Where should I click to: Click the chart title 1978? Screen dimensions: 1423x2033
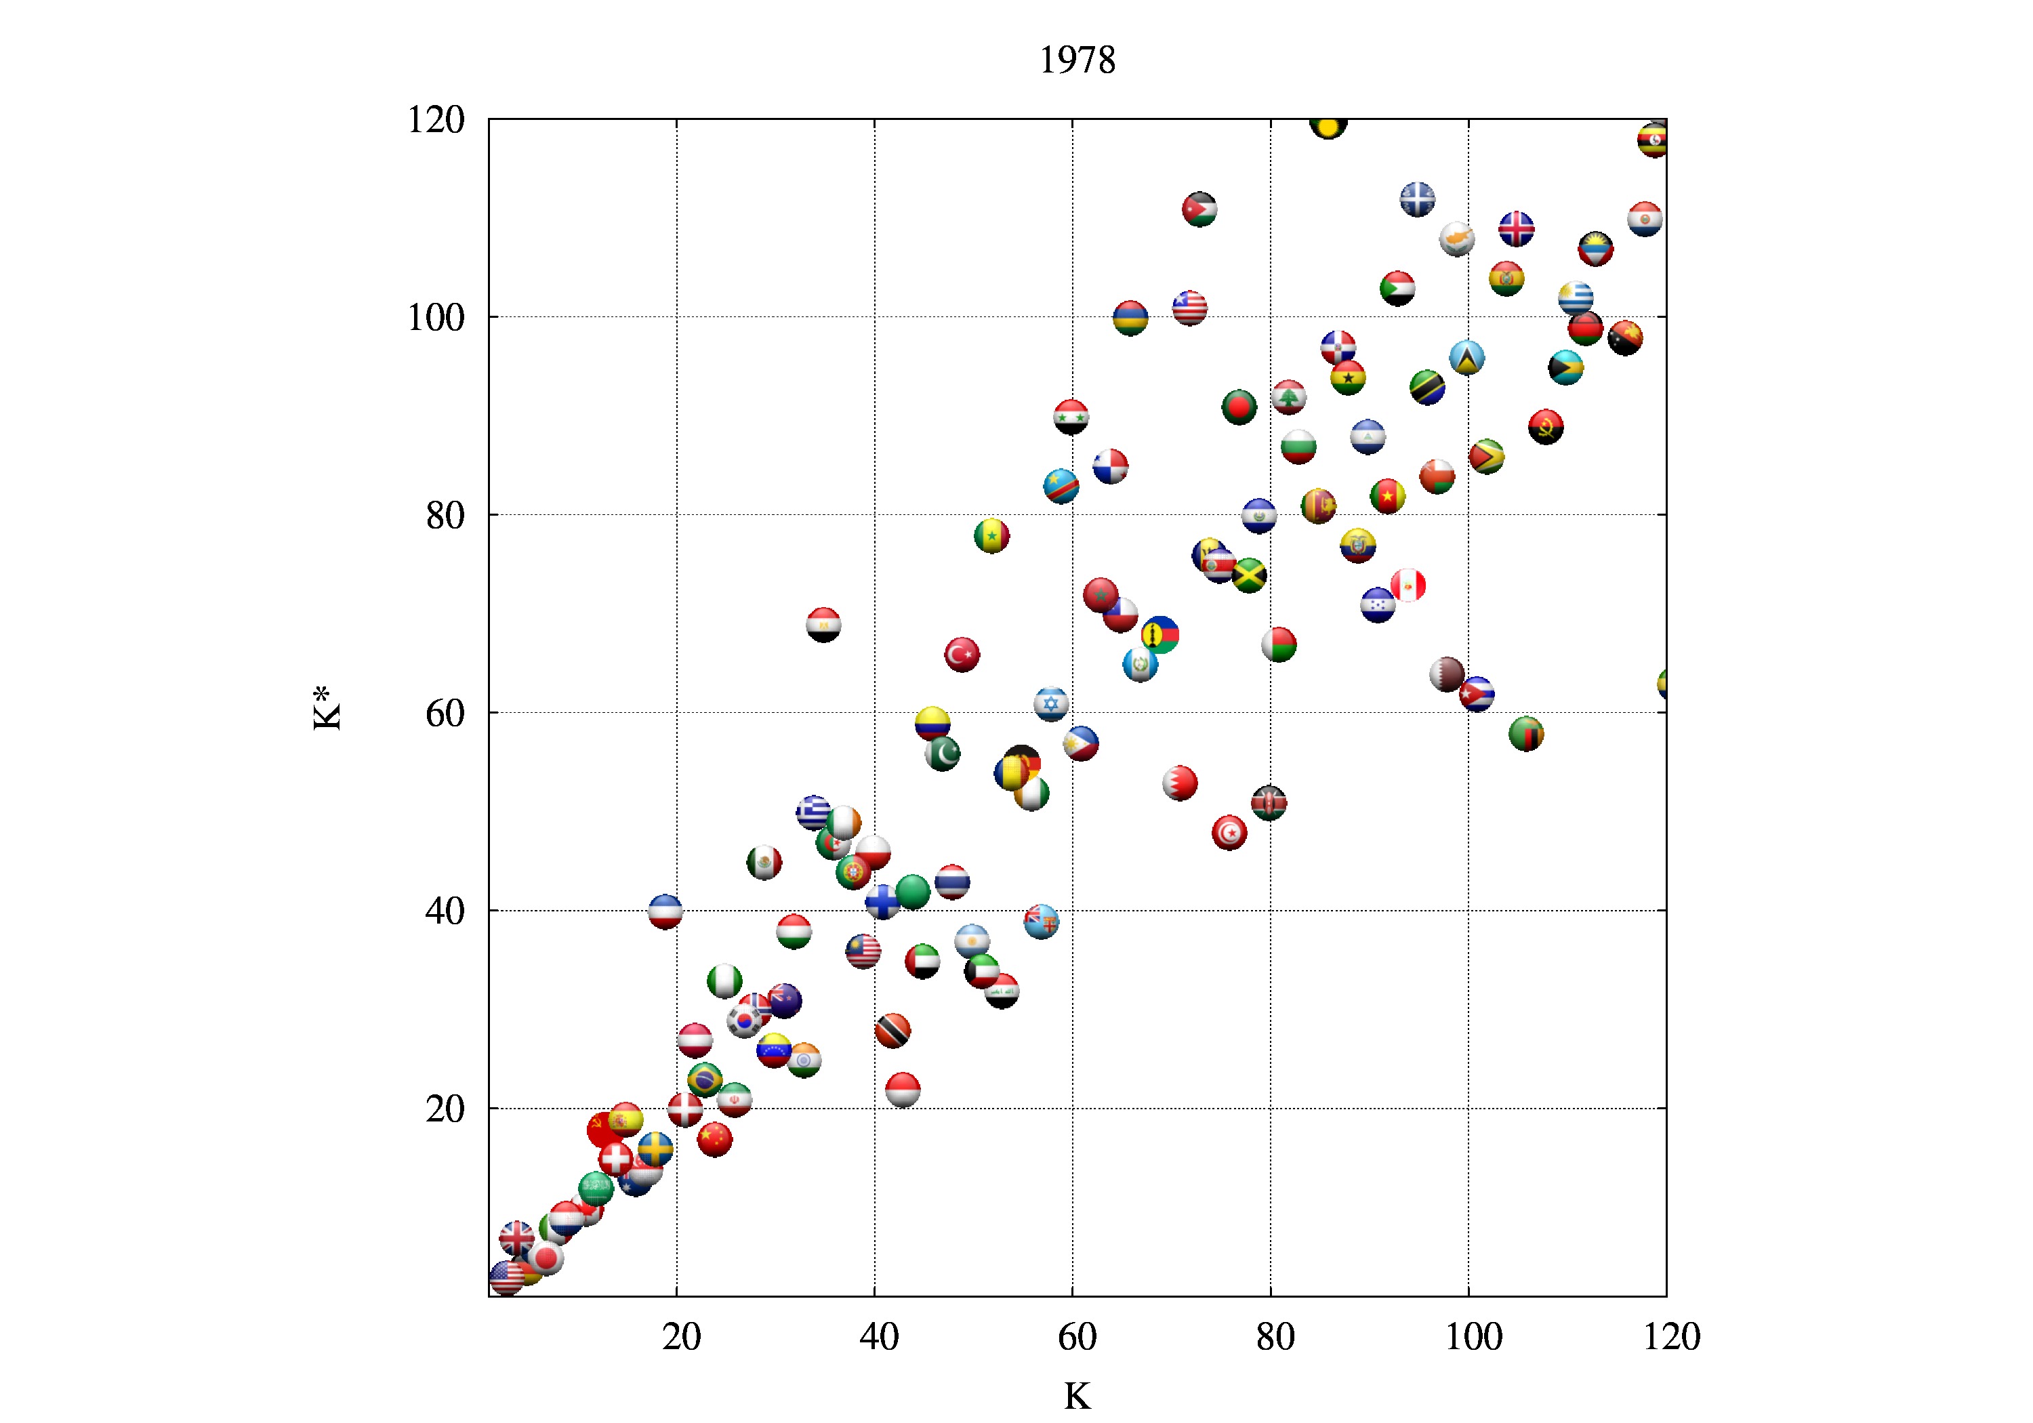click(x=1077, y=60)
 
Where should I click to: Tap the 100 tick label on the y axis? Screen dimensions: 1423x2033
click(x=436, y=318)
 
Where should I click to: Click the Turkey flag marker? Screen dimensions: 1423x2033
click(x=962, y=655)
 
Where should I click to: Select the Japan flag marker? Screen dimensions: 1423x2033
click(x=546, y=1258)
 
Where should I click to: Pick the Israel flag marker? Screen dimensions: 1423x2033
click(x=1051, y=704)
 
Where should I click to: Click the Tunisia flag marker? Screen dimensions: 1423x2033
click(x=1229, y=832)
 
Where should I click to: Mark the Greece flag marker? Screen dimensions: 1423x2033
click(x=813, y=812)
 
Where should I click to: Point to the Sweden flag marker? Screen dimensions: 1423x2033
click(x=655, y=1149)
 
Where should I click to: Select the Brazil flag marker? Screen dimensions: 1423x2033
click(x=704, y=1079)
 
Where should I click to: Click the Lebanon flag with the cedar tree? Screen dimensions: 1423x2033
click(x=1288, y=396)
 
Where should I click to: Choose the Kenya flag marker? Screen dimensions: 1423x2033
click(x=1269, y=802)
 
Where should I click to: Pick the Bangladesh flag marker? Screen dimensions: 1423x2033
click(x=1239, y=407)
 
